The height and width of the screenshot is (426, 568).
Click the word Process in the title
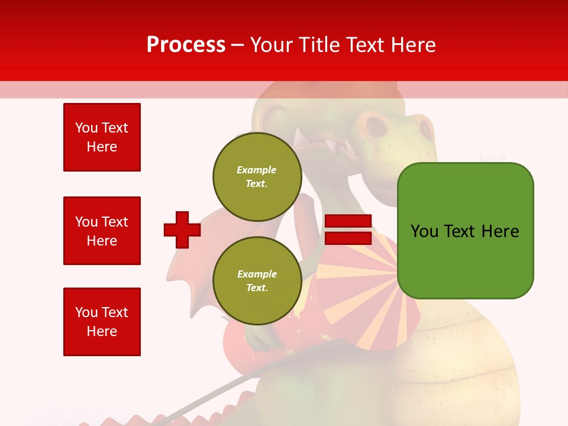186,45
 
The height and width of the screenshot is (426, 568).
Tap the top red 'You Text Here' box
102,137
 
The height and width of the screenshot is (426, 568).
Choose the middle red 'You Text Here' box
102,231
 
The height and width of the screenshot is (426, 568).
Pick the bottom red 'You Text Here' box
102,321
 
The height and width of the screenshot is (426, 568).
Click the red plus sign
182,230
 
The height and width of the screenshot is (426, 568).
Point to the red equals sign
348,230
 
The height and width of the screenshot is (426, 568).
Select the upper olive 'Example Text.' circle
257,176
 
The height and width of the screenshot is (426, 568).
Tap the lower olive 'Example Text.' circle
257,280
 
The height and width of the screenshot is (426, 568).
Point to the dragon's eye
375,126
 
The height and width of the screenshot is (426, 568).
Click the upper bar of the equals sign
348,221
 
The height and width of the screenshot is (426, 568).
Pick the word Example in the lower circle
257,274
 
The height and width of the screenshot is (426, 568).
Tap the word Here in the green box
500,231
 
